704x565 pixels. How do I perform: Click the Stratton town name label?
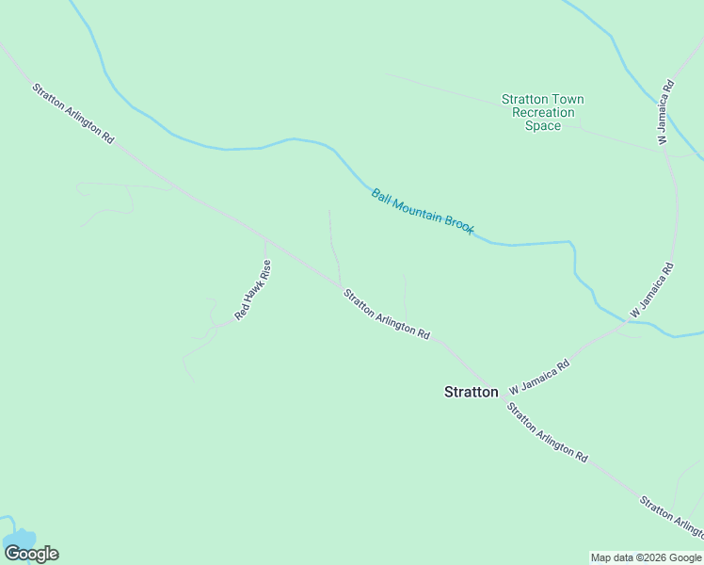click(471, 392)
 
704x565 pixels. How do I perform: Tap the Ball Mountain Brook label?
click(423, 211)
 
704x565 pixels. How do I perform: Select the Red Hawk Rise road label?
click(253, 291)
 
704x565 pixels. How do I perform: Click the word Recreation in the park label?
click(542, 113)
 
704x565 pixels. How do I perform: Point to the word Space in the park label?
click(542, 126)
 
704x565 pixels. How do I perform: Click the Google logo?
click(31, 554)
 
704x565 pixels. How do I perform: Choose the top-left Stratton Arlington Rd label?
click(72, 114)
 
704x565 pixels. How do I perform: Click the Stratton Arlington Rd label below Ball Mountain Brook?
click(387, 314)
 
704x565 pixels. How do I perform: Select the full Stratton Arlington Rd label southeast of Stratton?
click(547, 432)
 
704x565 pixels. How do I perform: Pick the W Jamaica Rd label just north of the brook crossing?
click(652, 289)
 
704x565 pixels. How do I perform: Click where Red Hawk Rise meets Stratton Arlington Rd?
click(266, 237)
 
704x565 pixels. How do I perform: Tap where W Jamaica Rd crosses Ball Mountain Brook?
click(628, 322)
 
